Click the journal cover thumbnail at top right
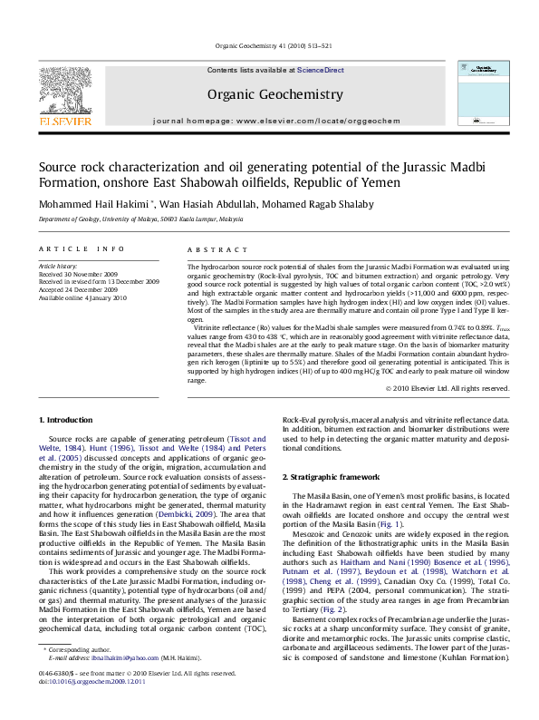click(x=484, y=94)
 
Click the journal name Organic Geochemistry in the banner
click(x=275, y=94)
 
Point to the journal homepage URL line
click(x=276, y=121)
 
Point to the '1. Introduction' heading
click(x=68, y=420)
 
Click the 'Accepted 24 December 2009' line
click(x=77, y=290)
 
